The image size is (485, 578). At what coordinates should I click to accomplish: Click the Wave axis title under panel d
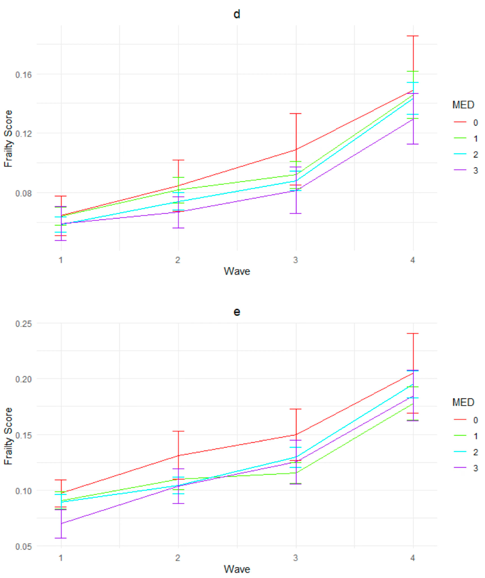[237, 271]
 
